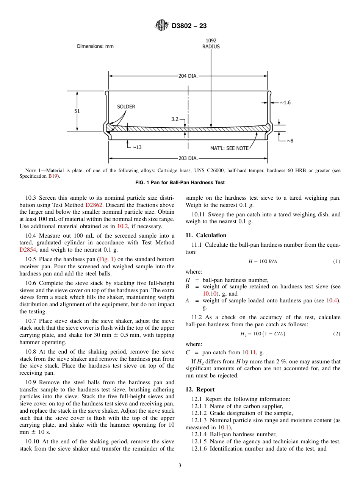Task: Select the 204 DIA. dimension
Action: (x=188, y=76)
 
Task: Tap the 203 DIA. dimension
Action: (x=188, y=158)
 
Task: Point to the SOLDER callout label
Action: (x=126, y=107)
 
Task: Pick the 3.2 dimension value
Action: (x=175, y=119)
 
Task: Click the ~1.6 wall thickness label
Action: (x=285, y=103)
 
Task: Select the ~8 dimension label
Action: (x=290, y=141)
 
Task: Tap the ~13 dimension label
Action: (x=136, y=147)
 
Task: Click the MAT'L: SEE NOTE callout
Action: (x=229, y=148)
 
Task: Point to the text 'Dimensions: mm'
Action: (x=95, y=46)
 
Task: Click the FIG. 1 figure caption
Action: (x=180, y=183)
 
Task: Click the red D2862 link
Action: (x=92, y=205)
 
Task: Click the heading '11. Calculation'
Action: (x=206, y=235)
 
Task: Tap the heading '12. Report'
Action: (x=200, y=390)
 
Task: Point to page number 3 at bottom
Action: (x=180, y=466)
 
